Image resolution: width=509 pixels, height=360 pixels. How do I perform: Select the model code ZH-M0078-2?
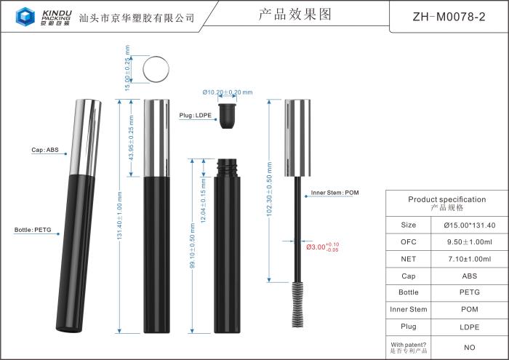pos(449,16)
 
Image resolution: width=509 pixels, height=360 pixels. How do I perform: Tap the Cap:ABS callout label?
pos(44,150)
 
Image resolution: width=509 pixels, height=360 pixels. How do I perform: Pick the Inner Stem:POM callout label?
pos(335,193)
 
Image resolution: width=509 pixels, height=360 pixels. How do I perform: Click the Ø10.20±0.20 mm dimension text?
pos(228,92)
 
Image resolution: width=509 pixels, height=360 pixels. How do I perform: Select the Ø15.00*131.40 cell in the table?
pos(469,225)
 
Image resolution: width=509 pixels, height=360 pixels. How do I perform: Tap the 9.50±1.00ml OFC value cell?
pos(469,241)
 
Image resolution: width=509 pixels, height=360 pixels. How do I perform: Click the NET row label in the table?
pos(408,259)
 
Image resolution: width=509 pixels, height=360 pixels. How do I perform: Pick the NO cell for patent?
pos(469,348)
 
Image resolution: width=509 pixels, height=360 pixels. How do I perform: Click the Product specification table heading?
pos(446,203)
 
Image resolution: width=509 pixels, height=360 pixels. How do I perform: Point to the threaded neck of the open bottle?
pos(228,169)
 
